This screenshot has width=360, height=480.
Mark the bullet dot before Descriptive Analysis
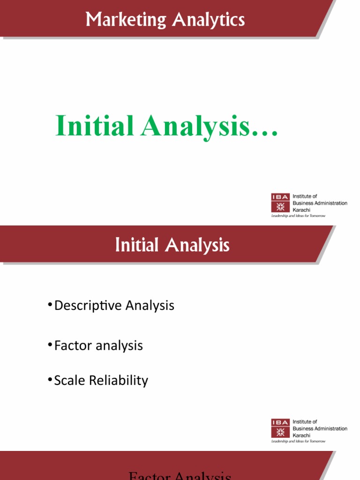click(50, 306)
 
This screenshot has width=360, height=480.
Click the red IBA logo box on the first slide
click(280, 202)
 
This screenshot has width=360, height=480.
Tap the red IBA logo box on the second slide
click(280, 428)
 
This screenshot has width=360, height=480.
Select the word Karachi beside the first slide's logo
click(301, 210)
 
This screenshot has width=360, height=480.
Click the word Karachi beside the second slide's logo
click(301, 435)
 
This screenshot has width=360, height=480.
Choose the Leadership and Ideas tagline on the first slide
click(298, 216)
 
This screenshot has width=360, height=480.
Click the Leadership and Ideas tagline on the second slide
click(298, 441)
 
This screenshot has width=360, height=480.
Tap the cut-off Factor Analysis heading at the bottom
click(180, 476)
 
